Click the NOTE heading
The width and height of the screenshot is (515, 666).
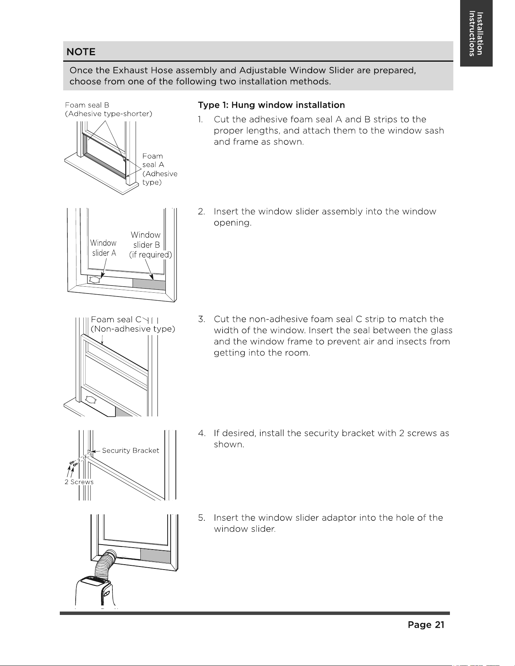click(81, 52)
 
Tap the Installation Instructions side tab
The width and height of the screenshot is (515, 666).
click(476, 34)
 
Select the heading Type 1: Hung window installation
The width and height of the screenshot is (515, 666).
click(271, 105)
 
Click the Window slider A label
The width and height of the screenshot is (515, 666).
click(103, 248)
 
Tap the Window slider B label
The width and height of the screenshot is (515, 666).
click(150, 245)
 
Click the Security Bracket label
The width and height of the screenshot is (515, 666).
click(131, 450)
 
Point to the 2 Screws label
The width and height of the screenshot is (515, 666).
click(79, 482)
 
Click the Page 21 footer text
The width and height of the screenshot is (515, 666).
click(426, 625)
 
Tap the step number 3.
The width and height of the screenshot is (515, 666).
click(201, 319)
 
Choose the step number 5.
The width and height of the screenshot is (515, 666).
click(201, 518)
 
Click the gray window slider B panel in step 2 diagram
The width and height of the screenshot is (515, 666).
click(149, 284)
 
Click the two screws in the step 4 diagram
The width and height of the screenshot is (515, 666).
click(73, 463)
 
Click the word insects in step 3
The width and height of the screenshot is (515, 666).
click(411, 342)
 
